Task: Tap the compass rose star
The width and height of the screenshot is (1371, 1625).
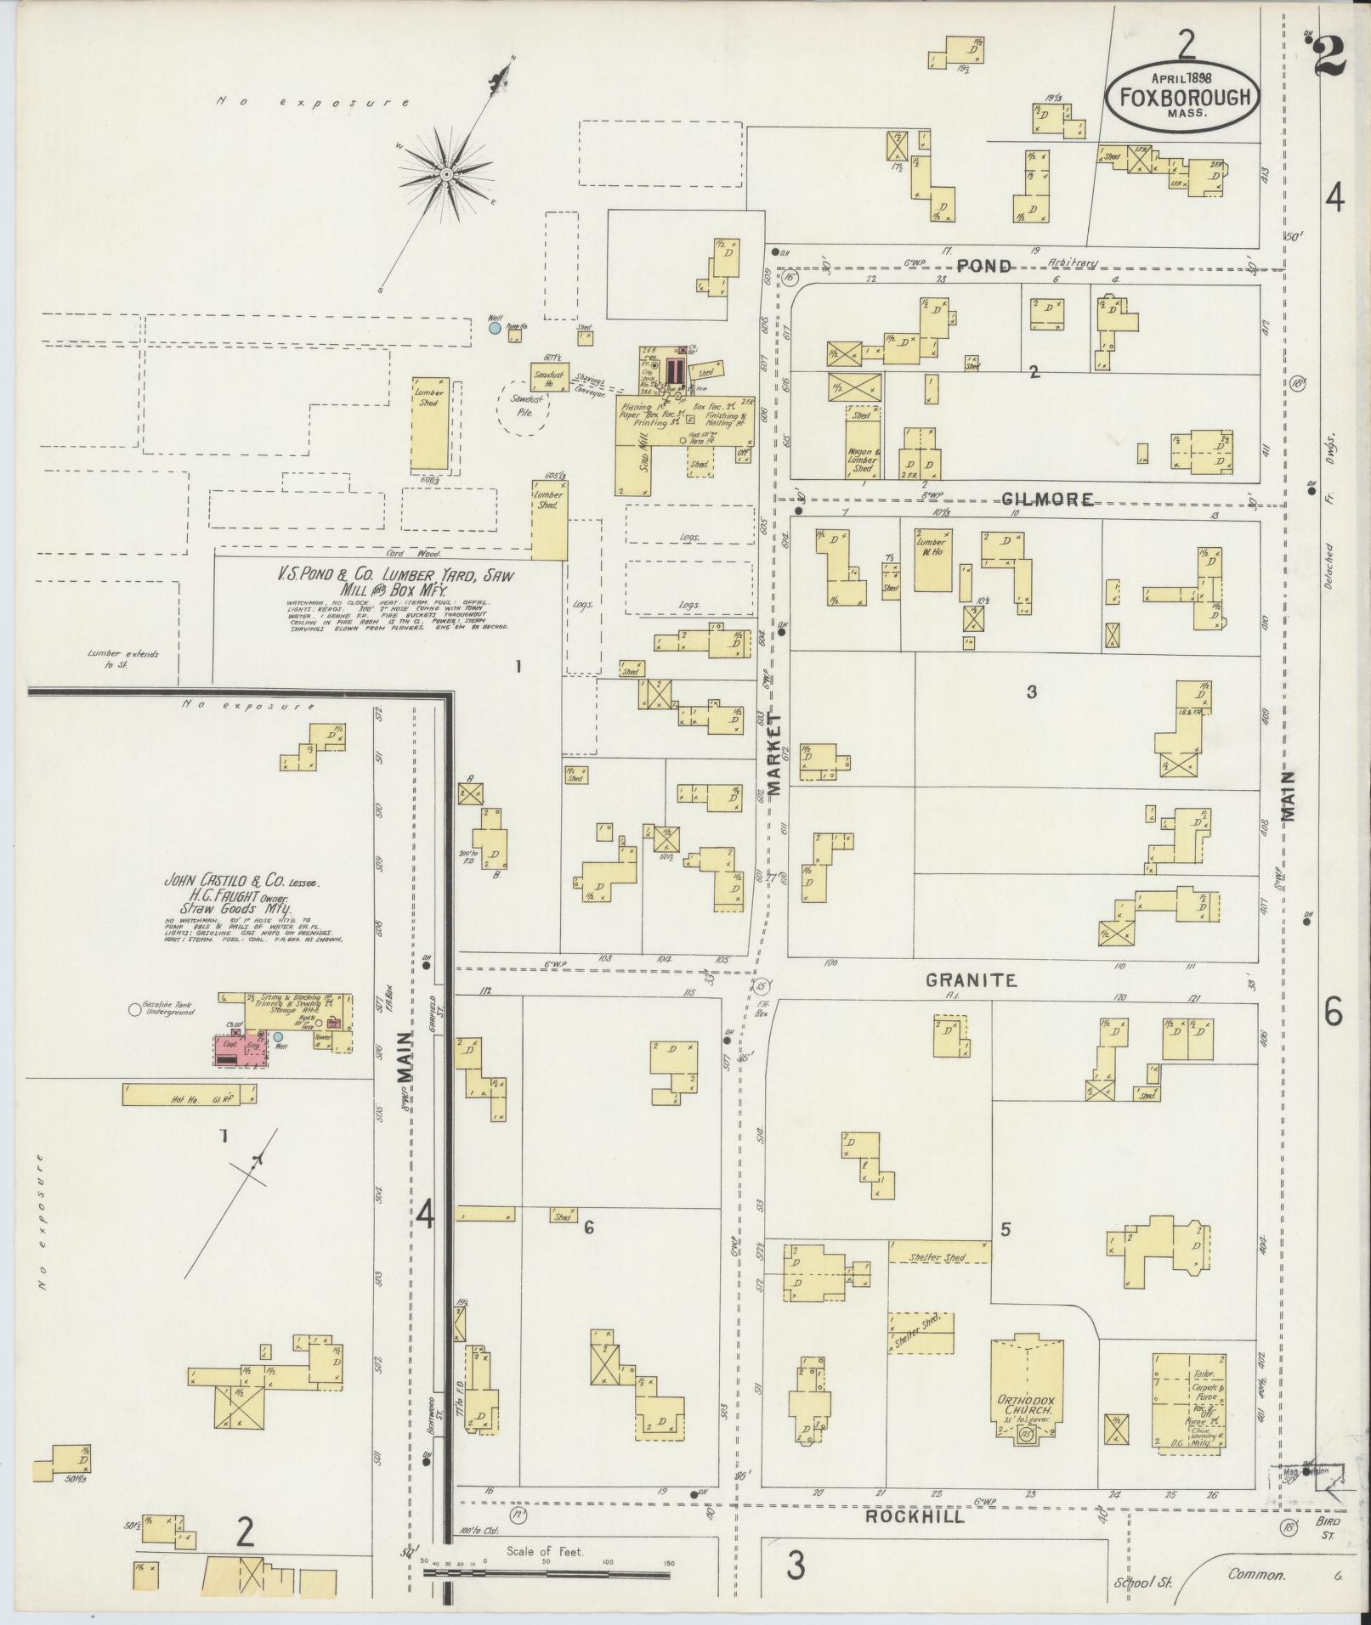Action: [x=445, y=174]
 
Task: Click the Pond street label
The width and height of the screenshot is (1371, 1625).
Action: [x=984, y=266]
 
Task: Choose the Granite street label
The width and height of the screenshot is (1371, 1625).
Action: [x=971, y=979]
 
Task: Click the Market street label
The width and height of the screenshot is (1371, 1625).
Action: [x=773, y=753]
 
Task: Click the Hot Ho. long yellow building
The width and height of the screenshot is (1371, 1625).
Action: [x=189, y=1096]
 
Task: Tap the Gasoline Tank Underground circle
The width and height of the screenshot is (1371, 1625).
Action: [x=133, y=1010]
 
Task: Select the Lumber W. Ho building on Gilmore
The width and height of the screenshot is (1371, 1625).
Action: [x=932, y=560]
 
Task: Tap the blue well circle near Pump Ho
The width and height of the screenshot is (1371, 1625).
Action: [x=495, y=326]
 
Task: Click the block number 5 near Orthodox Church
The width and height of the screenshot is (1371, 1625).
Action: [x=1006, y=1229]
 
